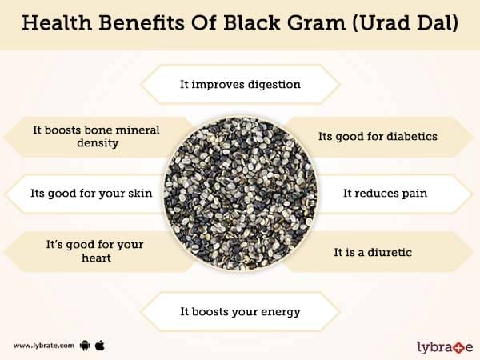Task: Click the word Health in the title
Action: (57, 22)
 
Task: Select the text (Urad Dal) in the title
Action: (406, 23)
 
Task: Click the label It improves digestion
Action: (240, 84)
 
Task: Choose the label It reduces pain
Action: (385, 193)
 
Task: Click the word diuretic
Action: (390, 252)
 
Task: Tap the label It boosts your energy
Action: (240, 312)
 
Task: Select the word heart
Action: (97, 258)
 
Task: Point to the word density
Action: (98, 143)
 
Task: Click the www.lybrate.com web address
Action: (44, 346)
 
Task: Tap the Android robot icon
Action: (85, 346)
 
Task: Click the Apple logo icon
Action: (100, 346)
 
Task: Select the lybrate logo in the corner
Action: (445, 347)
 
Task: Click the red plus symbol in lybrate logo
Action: (458, 348)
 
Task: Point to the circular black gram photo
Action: (240, 194)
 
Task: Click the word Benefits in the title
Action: (142, 22)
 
